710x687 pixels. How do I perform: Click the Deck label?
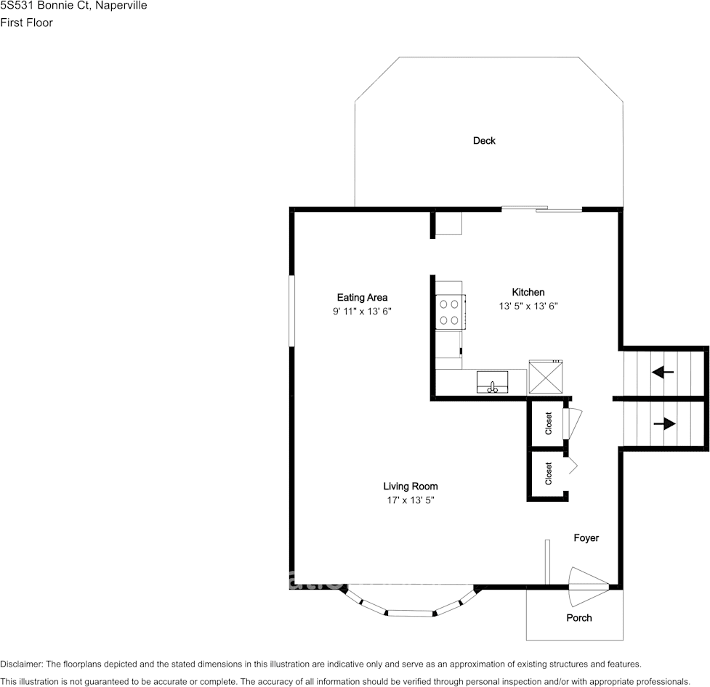click(x=484, y=141)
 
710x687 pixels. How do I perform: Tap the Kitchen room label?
click(x=528, y=292)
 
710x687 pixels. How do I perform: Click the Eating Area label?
click(x=362, y=297)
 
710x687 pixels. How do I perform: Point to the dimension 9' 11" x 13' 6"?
click(x=362, y=312)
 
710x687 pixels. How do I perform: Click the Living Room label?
click(x=411, y=487)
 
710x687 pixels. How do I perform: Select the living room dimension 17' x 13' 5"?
click(x=411, y=500)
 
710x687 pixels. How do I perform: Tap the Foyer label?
click(x=586, y=538)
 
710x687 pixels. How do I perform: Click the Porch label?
click(x=579, y=618)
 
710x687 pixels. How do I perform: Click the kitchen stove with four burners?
click(x=449, y=312)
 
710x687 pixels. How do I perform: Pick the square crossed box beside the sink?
click(x=544, y=377)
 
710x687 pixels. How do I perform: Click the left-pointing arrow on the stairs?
click(x=663, y=373)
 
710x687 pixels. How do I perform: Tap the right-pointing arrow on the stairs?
click(x=664, y=423)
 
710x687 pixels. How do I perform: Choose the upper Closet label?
click(x=549, y=423)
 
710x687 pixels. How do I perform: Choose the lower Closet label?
click(x=549, y=473)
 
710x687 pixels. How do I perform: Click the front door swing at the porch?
click(x=586, y=585)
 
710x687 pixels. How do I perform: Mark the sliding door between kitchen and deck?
click(x=542, y=210)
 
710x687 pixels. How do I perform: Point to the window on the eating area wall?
click(x=291, y=311)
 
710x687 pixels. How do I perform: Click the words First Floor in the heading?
click(x=27, y=23)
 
